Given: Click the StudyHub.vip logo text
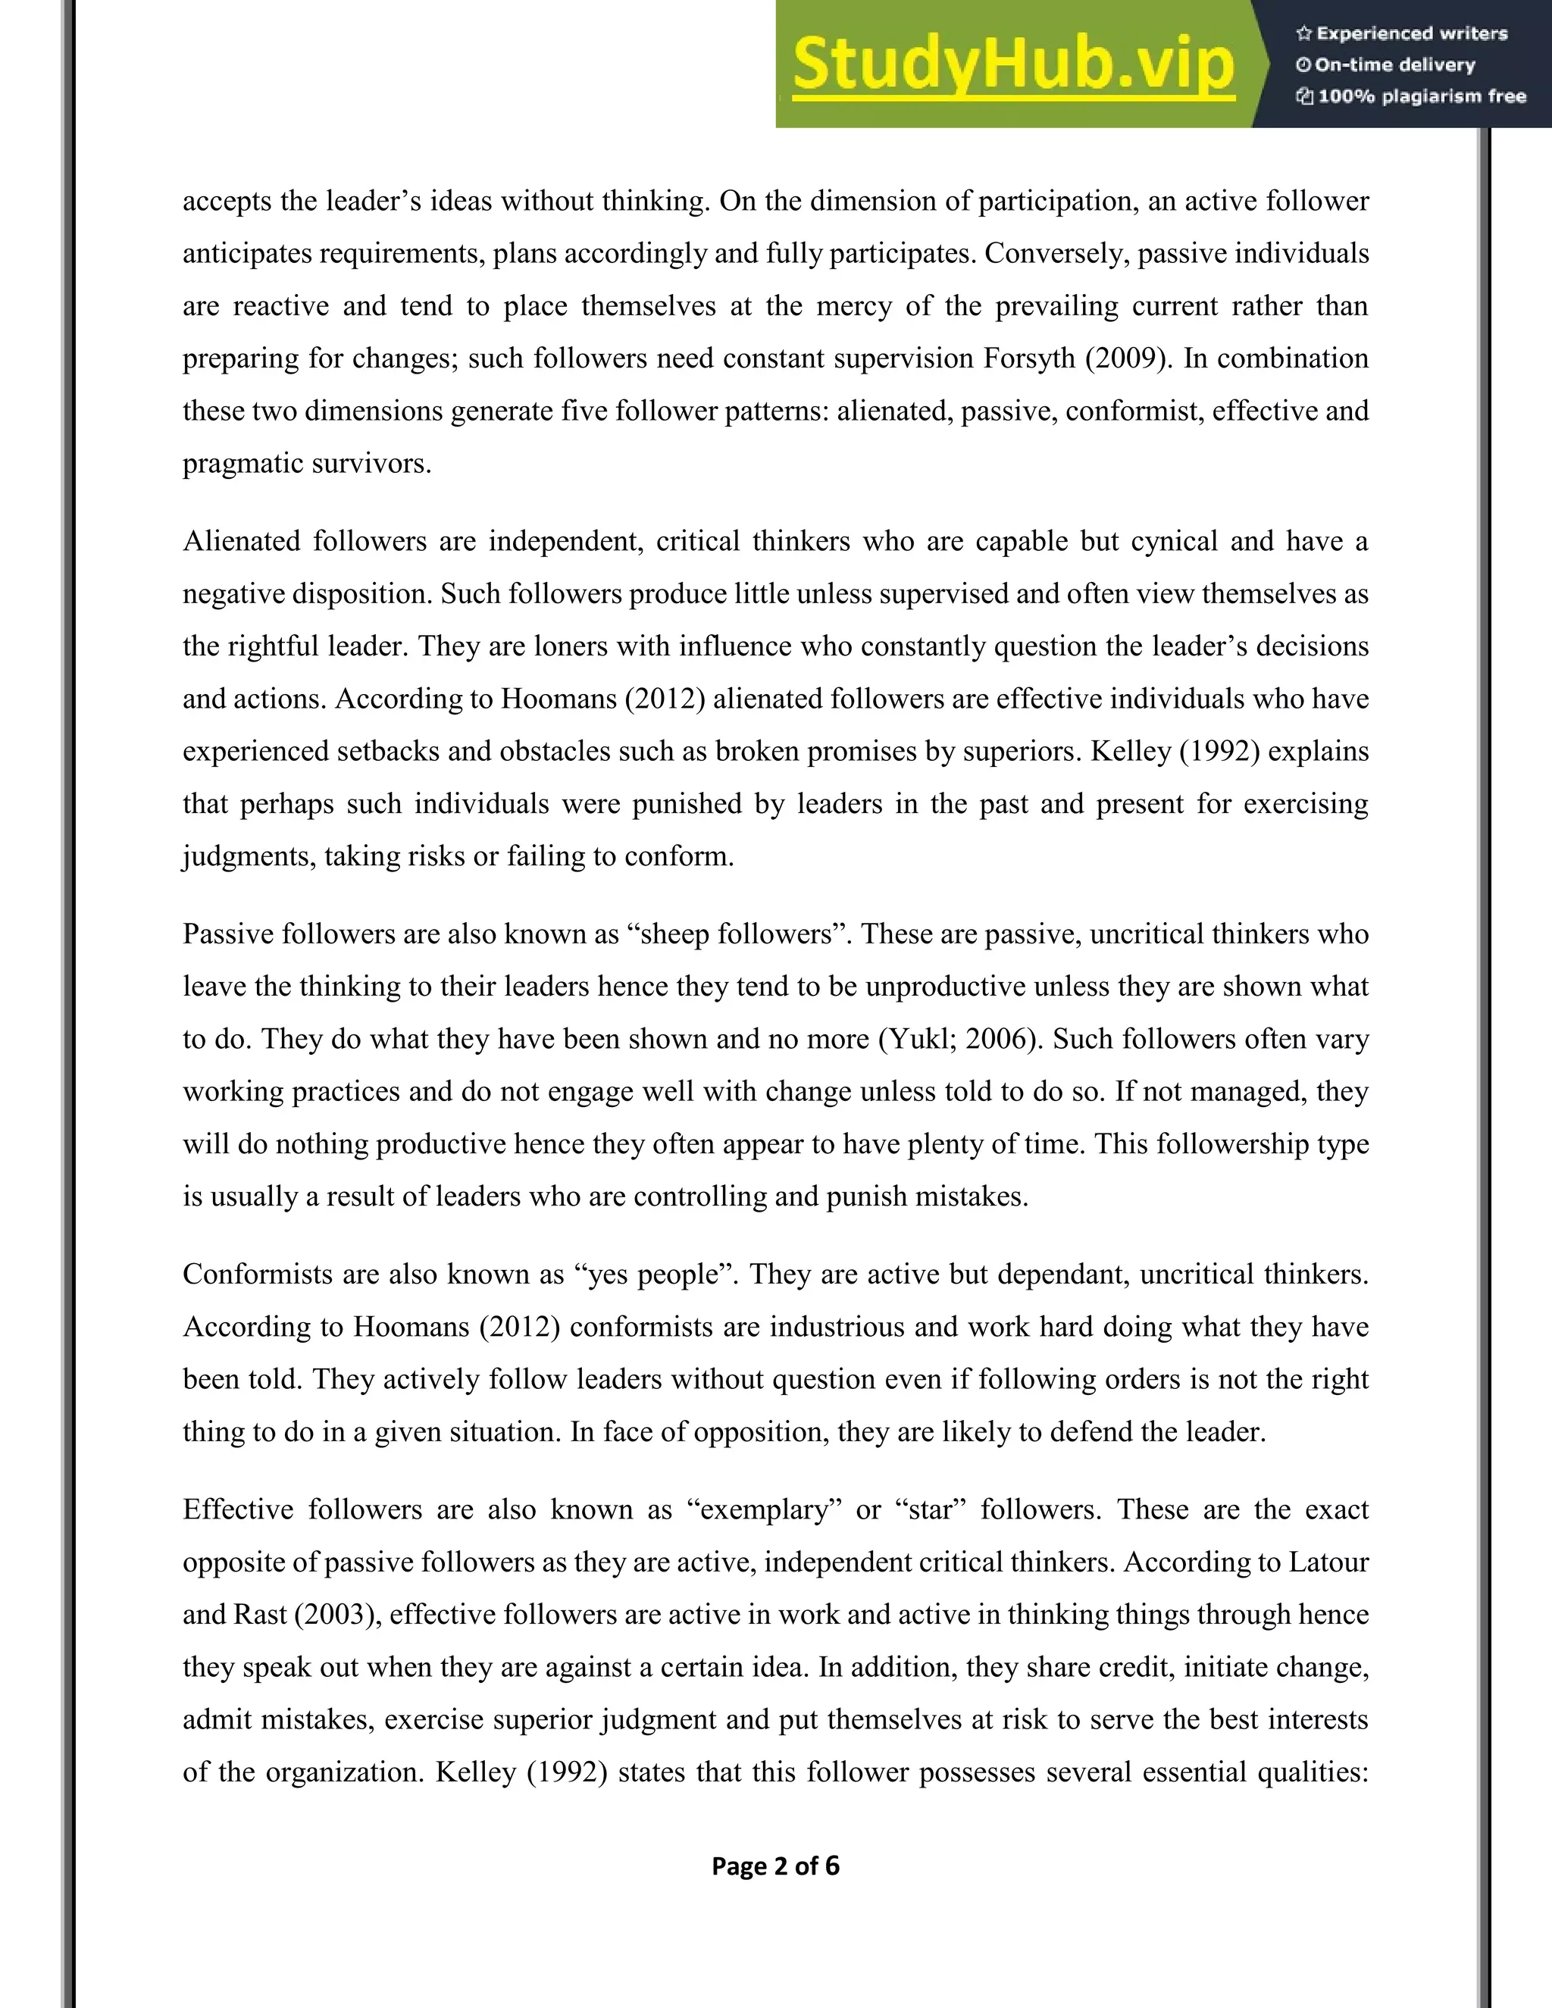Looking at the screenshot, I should (1012, 65).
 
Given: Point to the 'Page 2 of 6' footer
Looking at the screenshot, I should (775, 1866).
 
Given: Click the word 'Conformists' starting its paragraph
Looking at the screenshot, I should (255, 1275).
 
